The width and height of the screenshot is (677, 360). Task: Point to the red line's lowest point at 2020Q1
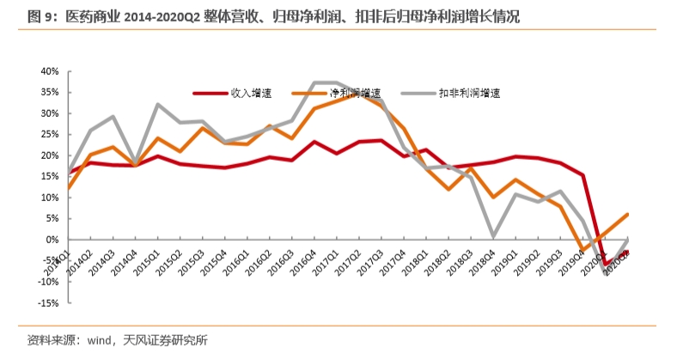pos(607,263)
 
